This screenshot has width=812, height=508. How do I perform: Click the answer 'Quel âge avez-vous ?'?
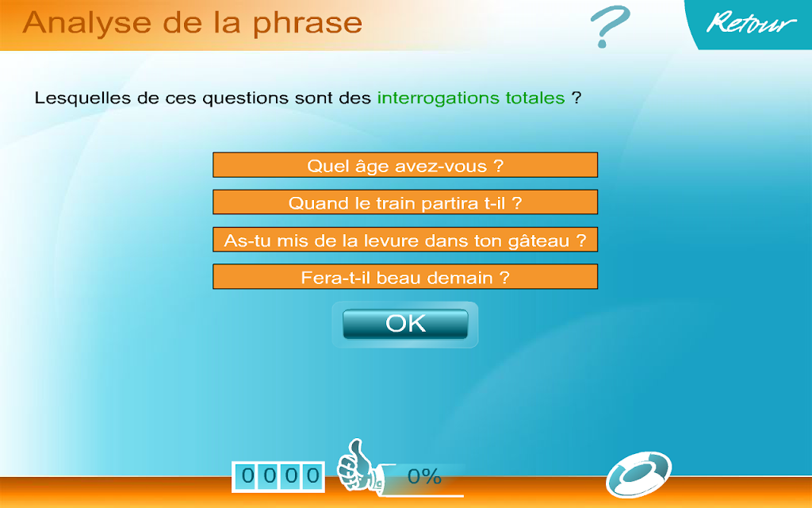point(405,165)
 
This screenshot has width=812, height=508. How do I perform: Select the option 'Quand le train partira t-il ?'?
point(405,202)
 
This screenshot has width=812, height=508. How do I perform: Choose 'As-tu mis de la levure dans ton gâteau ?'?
point(405,240)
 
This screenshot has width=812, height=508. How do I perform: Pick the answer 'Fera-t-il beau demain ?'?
point(405,277)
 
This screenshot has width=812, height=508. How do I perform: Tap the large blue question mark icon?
point(610,26)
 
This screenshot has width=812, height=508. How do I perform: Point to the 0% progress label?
point(424,476)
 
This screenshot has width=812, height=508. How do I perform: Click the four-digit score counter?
point(278,476)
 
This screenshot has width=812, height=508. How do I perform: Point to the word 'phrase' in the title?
point(308,23)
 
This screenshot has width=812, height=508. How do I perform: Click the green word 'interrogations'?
point(438,98)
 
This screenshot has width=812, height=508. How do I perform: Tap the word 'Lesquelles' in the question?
point(82,98)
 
